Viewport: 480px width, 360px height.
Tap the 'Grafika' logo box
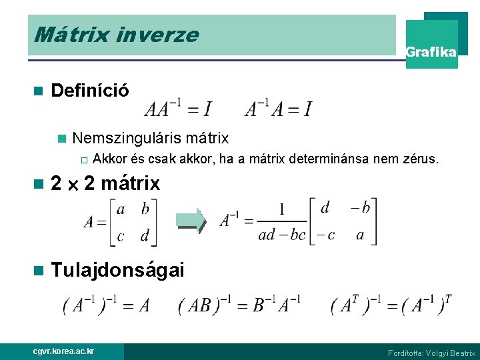(x=431, y=51)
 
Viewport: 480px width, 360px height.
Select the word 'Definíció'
(x=90, y=90)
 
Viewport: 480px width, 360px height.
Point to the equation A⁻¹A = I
(x=278, y=107)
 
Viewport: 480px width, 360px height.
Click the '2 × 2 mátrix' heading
(x=105, y=183)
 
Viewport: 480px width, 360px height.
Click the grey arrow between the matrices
(x=191, y=221)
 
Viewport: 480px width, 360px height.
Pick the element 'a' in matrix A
(x=121, y=209)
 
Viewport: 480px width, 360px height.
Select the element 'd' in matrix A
(x=145, y=235)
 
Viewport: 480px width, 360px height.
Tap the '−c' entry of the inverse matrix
(x=325, y=234)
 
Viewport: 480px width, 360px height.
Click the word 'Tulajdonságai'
(x=117, y=269)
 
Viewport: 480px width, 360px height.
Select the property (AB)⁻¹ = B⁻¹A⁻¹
(x=239, y=305)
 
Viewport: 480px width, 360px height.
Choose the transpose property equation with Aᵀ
(x=392, y=305)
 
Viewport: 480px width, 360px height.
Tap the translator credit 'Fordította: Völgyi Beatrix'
(x=431, y=353)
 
